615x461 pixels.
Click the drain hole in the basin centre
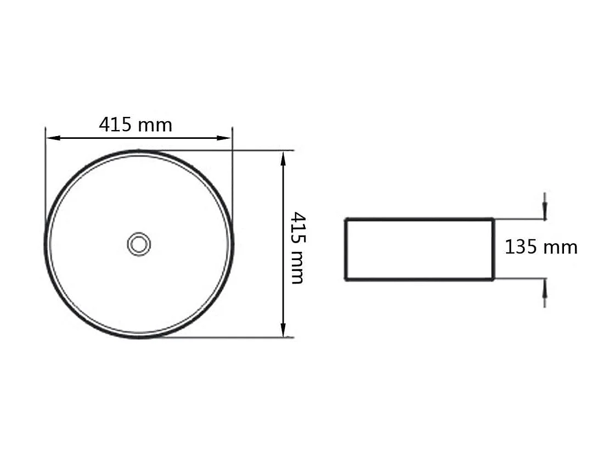[x=139, y=243]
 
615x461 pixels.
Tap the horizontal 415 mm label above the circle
[x=136, y=125]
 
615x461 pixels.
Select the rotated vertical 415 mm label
[x=297, y=248]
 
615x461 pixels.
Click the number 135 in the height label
[x=521, y=247]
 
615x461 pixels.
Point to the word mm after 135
[x=560, y=248]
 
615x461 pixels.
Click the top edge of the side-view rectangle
[x=420, y=219]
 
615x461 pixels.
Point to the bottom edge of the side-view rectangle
[x=420, y=279]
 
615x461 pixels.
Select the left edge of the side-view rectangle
[x=346, y=249]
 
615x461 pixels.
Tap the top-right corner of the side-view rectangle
[x=493, y=219]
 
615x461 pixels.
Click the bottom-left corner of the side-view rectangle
[x=346, y=279]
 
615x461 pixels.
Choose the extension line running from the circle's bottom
[x=230, y=338]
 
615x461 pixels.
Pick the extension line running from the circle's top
[x=230, y=150]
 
